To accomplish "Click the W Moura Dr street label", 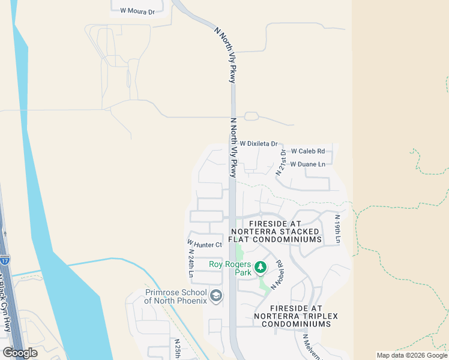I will (x=137, y=11).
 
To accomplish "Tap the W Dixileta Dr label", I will (x=259, y=144).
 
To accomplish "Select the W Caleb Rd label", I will (x=307, y=151).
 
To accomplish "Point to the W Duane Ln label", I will (x=307, y=164).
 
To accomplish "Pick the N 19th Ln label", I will (x=337, y=229).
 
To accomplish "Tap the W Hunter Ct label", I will (x=205, y=244).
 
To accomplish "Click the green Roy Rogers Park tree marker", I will (x=261, y=266).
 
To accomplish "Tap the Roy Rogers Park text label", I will (x=230, y=268).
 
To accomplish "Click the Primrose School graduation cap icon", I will (x=216, y=295).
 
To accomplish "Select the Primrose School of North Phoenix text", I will (x=176, y=296).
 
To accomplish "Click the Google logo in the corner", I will (x=20, y=353).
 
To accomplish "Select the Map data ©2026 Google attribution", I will (x=412, y=355).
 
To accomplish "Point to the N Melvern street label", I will (x=312, y=348).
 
